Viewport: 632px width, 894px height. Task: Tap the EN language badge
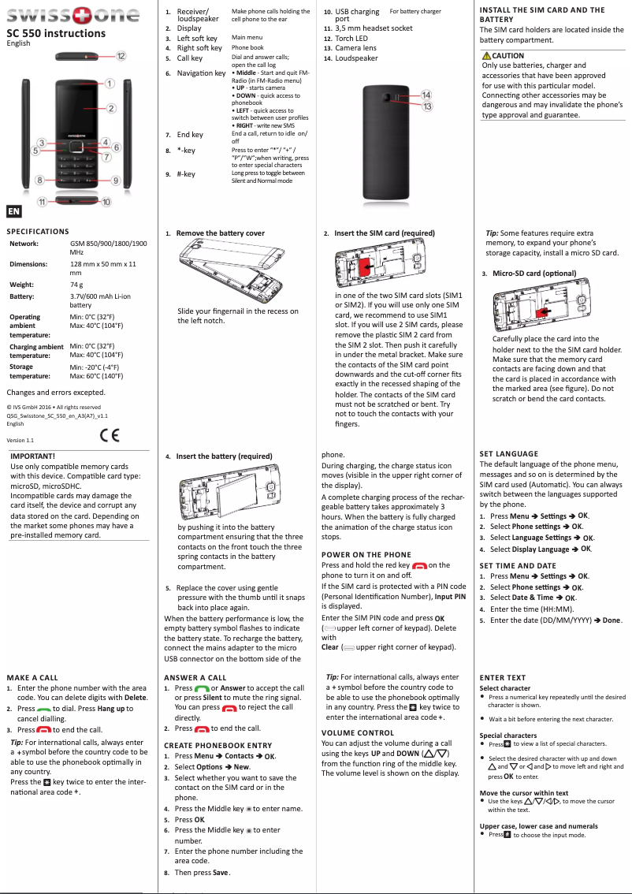[x=13, y=211]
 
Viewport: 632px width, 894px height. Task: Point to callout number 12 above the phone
[x=121, y=56]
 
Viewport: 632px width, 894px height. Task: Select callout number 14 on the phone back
[x=426, y=95]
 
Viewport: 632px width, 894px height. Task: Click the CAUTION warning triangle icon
[x=486, y=56]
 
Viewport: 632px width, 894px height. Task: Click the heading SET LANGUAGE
[x=509, y=453]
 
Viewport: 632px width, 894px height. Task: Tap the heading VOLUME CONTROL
[x=358, y=732]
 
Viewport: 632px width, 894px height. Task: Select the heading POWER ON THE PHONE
[x=366, y=554]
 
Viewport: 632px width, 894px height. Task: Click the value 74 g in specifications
[x=76, y=284]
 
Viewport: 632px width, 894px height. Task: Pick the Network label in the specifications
[x=24, y=244]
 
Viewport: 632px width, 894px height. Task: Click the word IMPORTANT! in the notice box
[x=32, y=456]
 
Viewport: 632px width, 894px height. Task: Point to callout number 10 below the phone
[x=106, y=203]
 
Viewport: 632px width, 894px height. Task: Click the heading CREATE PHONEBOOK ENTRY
[x=217, y=745]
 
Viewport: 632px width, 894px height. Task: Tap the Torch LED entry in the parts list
[x=351, y=38]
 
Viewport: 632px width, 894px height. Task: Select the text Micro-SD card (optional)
[x=534, y=274]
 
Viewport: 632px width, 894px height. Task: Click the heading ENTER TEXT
[x=503, y=677]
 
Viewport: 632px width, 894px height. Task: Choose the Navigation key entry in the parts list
[x=201, y=73]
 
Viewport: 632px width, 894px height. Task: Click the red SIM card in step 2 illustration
[x=364, y=270]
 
